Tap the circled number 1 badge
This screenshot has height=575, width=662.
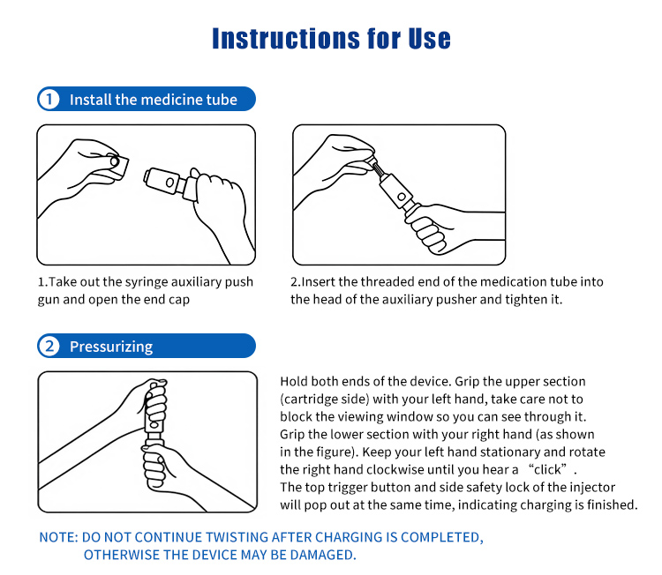[x=49, y=99]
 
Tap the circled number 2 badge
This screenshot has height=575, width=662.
[x=49, y=346]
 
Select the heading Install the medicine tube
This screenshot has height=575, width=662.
[x=154, y=100]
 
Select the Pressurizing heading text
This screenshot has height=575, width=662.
[x=111, y=347]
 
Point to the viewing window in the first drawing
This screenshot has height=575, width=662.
[x=169, y=183]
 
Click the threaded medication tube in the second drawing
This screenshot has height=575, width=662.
[x=377, y=168]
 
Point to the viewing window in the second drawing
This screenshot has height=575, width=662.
[x=402, y=197]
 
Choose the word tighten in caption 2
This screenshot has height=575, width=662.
[x=525, y=300]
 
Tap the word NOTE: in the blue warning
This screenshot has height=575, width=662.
[x=58, y=537]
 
